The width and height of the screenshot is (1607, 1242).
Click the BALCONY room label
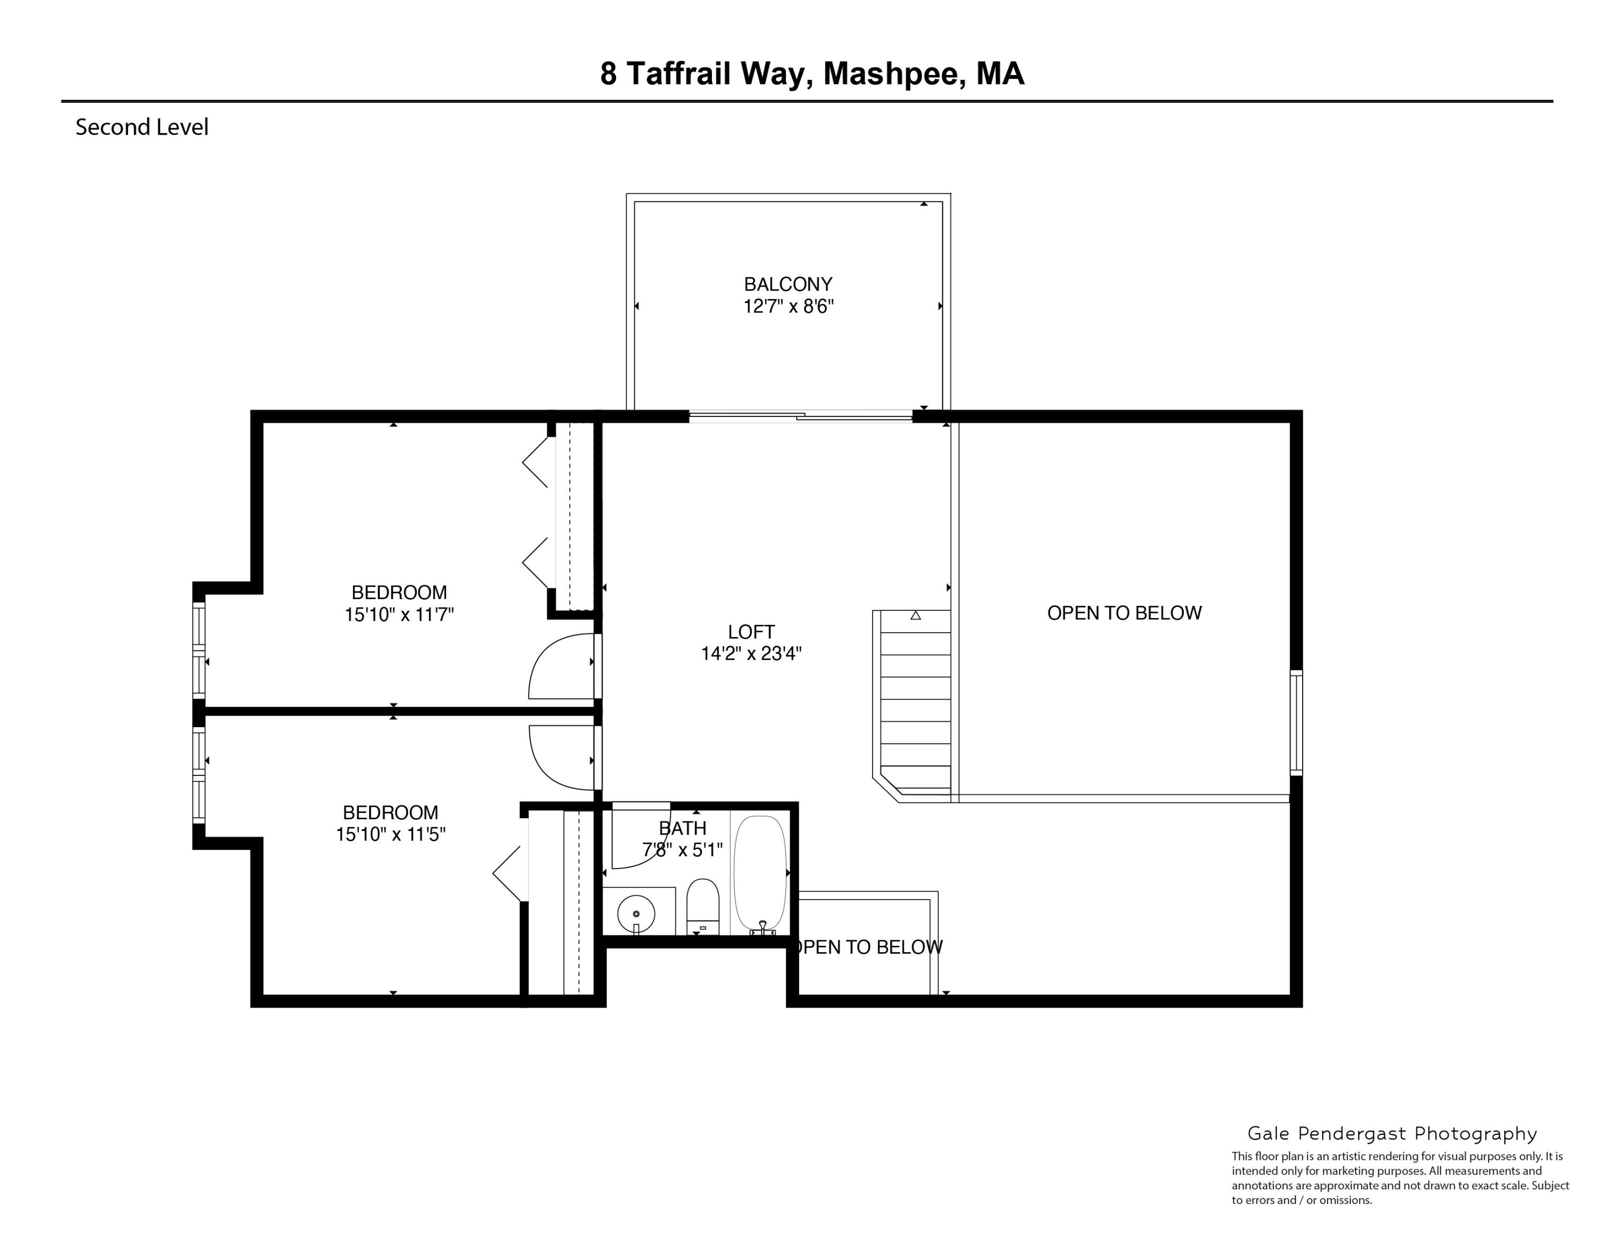tap(787, 284)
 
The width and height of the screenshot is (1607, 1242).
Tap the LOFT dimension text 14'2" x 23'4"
tap(750, 653)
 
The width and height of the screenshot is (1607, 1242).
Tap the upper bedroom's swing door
tap(561, 666)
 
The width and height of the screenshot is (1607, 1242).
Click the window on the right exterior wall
tap(1296, 723)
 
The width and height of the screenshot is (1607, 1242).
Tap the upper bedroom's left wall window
tap(199, 650)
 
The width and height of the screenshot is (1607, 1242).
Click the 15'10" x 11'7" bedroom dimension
tap(399, 615)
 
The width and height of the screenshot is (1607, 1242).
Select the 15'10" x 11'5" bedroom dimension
tap(391, 834)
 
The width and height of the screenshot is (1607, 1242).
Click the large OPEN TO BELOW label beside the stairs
tap(1124, 613)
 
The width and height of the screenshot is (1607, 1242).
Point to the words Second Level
tap(142, 128)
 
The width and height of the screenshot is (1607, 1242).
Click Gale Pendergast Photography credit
tap(1392, 1134)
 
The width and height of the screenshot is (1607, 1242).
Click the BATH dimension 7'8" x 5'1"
tap(682, 850)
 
